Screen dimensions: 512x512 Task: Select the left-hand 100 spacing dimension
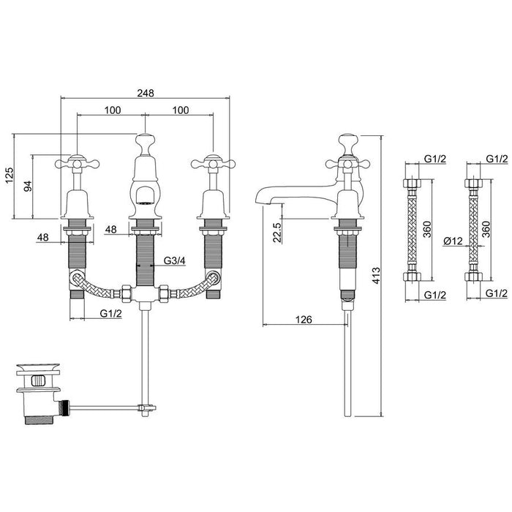coord(112,110)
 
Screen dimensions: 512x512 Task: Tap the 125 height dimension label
coord(9,176)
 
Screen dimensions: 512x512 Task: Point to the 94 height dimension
coord(27,187)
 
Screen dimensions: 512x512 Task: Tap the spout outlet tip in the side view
coord(260,199)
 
